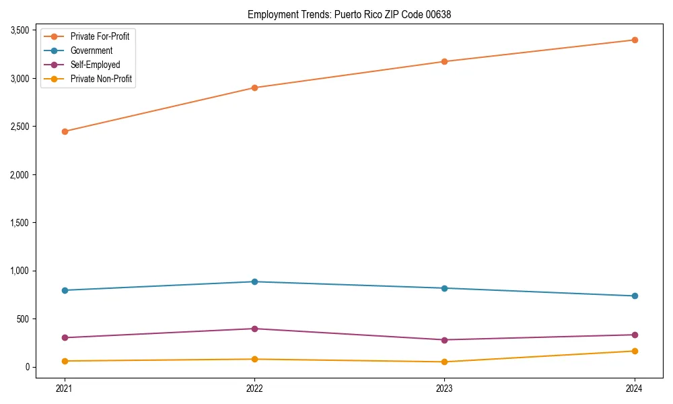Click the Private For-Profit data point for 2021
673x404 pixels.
(x=65, y=131)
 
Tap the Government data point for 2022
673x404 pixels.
(x=254, y=281)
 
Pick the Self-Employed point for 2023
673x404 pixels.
(x=444, y=340)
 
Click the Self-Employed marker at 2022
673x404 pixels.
(x=254, y=329)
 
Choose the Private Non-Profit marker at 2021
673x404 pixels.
(x=65, y=361)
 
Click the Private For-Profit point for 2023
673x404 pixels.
(x=444, y=61)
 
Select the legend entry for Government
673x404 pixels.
(x=91, y=50)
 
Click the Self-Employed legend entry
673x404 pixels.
(x=95, y=65)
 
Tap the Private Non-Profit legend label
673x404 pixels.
(x=101, y=79)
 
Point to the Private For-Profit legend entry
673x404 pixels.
(x=100, y=36)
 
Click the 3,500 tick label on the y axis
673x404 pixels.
(x=18, y=30)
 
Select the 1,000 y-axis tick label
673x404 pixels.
(x=18, y=271)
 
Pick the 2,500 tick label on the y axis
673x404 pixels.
(x=18, y=127)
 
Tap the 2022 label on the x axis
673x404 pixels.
(x=254, y=388)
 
